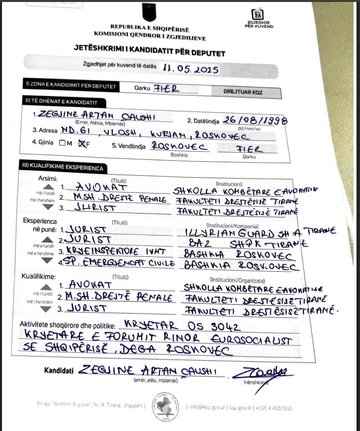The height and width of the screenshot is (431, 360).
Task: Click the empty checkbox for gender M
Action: point(62,143)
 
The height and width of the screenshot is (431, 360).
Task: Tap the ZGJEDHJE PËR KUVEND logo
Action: point(258,19)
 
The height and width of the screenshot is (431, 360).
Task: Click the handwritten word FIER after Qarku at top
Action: point(166,88)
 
